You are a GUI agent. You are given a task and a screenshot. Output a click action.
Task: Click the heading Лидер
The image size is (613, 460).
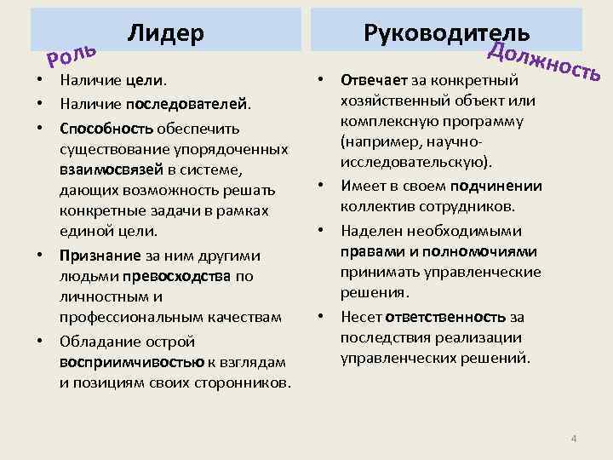166,33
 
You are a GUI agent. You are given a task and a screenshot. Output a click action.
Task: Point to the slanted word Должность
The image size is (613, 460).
545,60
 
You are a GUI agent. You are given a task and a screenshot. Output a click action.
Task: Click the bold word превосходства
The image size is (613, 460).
183,275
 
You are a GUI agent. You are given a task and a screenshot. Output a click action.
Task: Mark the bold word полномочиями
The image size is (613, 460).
483,251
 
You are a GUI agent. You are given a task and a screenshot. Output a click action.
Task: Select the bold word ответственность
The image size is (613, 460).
446,316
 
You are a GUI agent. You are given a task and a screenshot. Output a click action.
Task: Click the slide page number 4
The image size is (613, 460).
574,439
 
